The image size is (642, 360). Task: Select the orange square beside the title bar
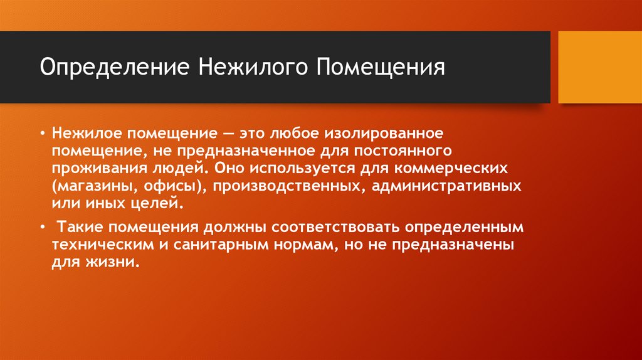coord(599,67)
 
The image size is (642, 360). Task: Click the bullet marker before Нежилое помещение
coord(42,134)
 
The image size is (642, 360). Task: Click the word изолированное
coord(377,134)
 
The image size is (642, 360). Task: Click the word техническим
coord(95,244)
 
